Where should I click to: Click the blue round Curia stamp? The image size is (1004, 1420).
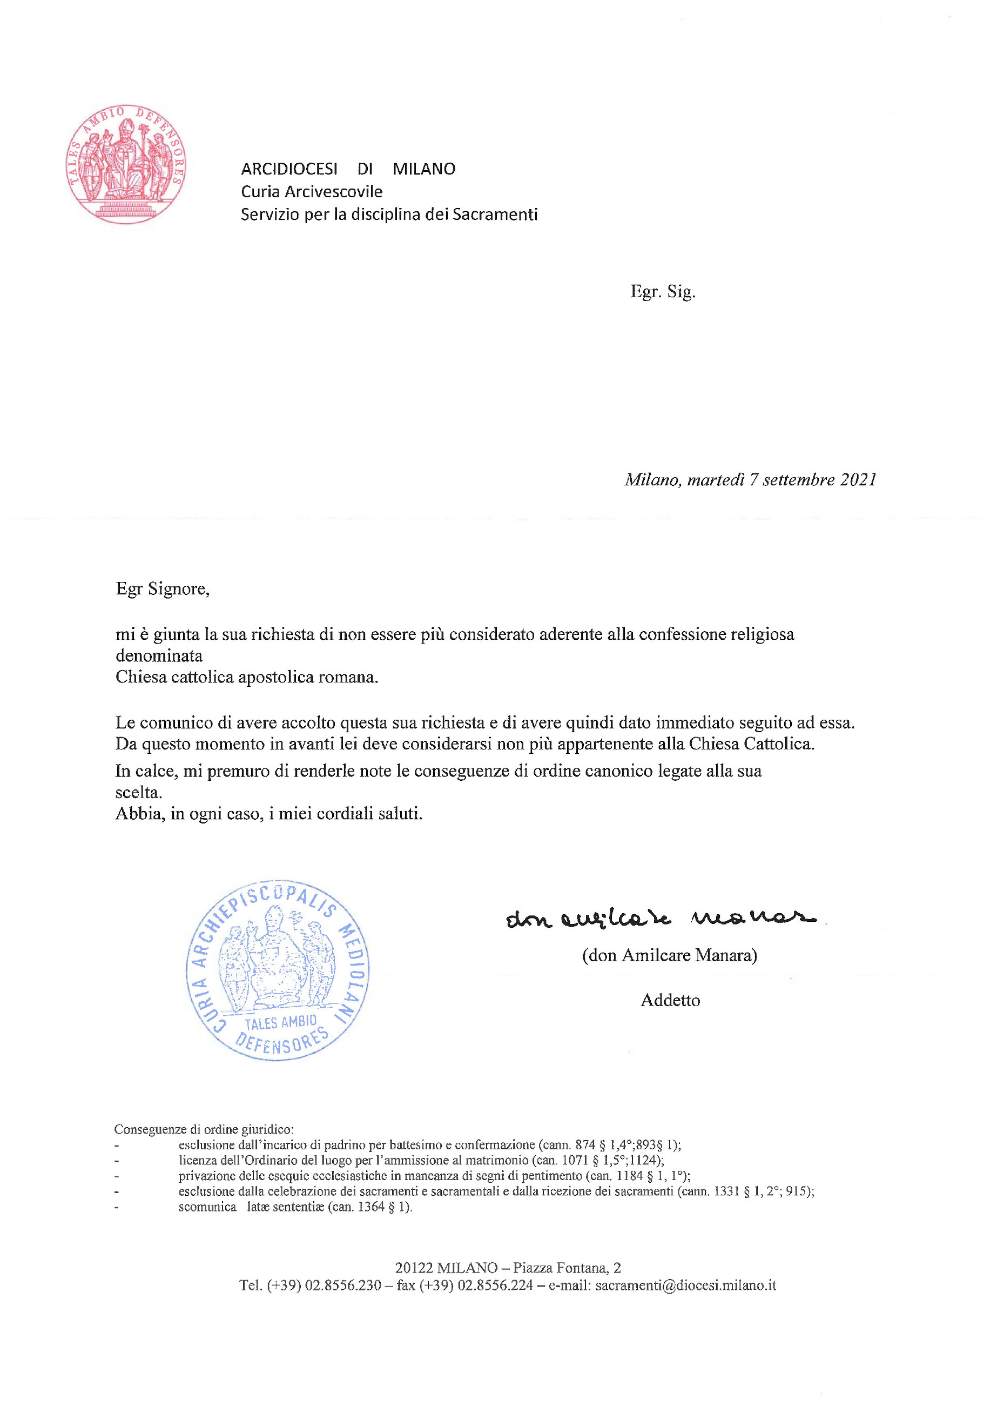click(278, 970)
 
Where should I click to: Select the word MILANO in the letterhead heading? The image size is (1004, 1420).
click(424, 169)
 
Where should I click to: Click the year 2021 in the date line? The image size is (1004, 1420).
click(858, 480)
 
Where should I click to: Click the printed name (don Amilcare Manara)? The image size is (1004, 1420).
click(670, 955)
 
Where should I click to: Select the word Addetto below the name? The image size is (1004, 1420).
click(670, 1001)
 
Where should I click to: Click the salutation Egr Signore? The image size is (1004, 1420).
click(163, 589)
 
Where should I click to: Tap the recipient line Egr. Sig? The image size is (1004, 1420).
click(663, 291)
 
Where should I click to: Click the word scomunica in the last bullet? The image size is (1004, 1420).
click(207, 1207)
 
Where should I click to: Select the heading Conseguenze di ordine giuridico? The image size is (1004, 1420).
click(204, 1129)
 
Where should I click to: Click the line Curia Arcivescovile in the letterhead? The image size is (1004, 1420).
click(312, 192)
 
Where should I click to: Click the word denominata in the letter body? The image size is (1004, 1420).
click(159, 655)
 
